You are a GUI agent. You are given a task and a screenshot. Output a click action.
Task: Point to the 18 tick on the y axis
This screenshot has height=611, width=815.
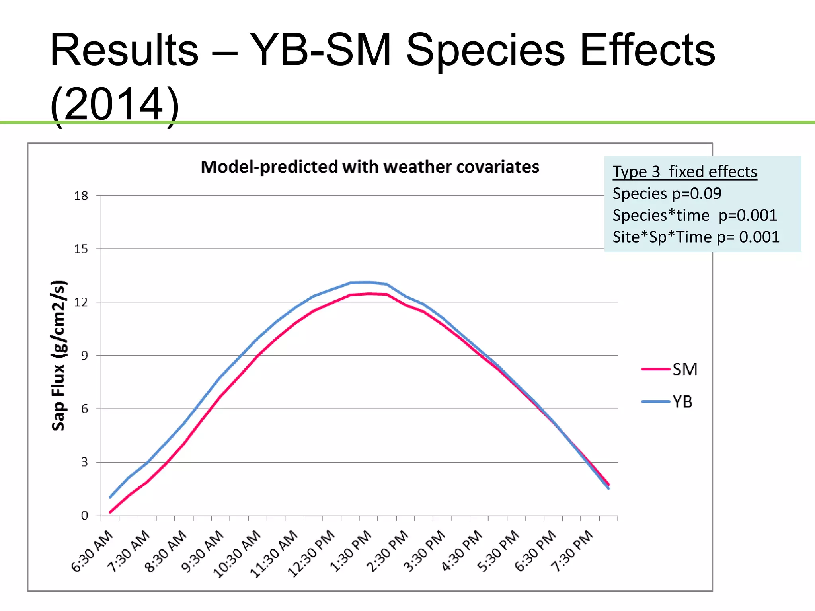(x=81, y=196)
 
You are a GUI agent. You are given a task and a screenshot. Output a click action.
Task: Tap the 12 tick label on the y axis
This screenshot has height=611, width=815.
(x=81, y=302)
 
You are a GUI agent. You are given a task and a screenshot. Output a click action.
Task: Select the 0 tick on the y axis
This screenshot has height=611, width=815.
(x=84, y=516)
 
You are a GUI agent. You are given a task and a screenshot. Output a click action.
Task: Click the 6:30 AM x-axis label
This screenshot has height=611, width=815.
(x=92, y=551)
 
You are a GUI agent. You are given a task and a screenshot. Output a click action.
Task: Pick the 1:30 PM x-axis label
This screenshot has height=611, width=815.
(x=351, y=551)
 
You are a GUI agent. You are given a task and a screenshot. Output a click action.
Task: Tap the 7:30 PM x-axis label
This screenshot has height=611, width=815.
(x=572, y=551)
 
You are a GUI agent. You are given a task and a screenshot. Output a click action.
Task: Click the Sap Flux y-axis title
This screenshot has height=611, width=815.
(x=58, y=356)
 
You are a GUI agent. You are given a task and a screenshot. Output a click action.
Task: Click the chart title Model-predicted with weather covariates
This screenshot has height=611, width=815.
(x=370, y=167)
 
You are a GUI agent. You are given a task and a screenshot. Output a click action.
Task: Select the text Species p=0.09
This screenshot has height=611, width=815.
(x=667, y=194)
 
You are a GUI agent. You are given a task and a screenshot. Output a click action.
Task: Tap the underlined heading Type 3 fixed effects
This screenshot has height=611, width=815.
(x=684, y=172)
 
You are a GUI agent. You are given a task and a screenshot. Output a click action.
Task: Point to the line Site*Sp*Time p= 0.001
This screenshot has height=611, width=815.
(x=696, y=237)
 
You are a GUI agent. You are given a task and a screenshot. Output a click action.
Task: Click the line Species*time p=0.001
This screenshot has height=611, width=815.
(x=694, y=216)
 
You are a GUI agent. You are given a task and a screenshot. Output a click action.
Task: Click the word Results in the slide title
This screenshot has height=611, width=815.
(x=124, y=51)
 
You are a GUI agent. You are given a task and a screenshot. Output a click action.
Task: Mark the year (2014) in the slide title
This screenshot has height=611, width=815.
(x=114, y=104)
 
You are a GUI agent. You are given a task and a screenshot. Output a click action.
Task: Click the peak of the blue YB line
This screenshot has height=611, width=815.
(x=367, y=282)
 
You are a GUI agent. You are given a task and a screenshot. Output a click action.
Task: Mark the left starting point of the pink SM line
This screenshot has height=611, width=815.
(x=110, y=512)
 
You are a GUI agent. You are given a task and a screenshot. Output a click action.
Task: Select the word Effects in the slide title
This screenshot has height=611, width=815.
(x=647, y=51)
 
